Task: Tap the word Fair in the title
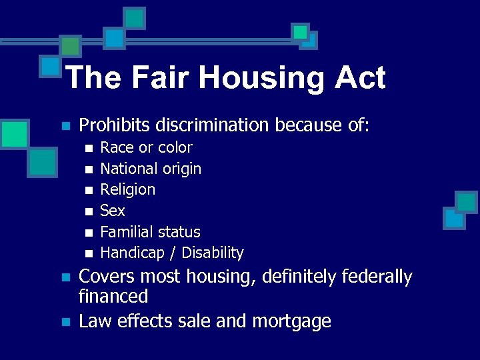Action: (x=157, y=78)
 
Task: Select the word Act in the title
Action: (x=360, y=78)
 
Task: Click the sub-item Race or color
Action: (x=146, y=147)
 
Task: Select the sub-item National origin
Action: (x=151, y=169)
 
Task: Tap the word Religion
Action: (x=127, y=189)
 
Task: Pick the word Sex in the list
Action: (x=112, y=211)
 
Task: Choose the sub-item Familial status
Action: (x=150, y=232)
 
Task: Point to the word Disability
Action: (x=213, y=253)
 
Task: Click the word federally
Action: (x=377, y=277)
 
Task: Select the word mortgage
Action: (x=291, y=321)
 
